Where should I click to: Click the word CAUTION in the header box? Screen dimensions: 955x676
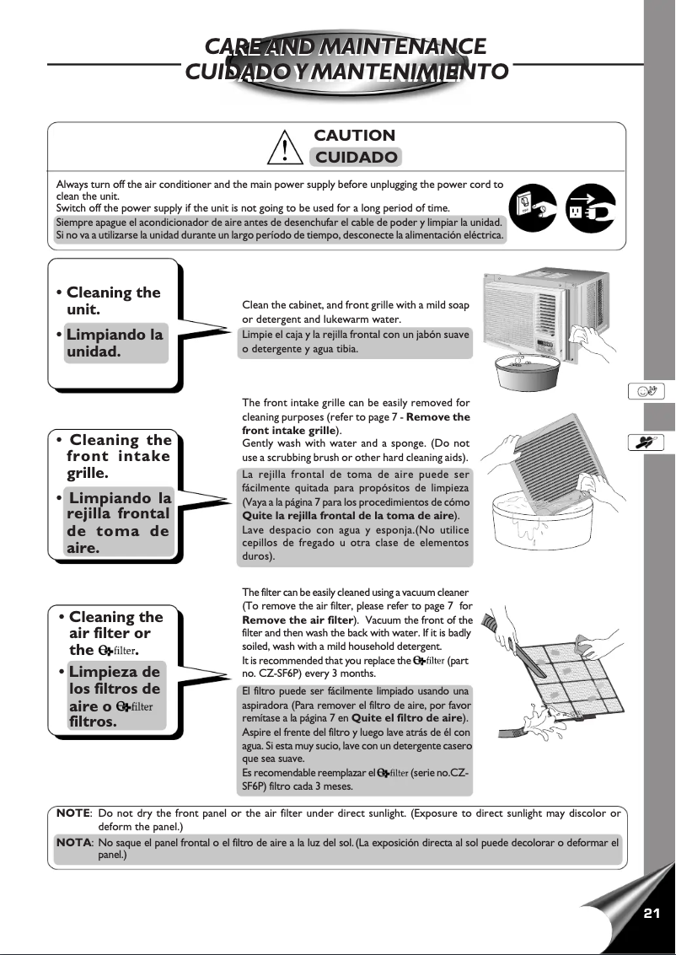(x=354, y=136)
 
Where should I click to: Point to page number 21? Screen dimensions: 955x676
(x=651, y=914)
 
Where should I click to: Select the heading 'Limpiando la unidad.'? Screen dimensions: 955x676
(x=114, y=343)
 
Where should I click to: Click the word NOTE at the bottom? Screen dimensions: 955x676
(x=73, y=813)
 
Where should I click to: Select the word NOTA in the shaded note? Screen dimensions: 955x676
(x=73, y=842)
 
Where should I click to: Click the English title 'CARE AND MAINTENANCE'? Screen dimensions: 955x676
(x=346, y=45)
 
